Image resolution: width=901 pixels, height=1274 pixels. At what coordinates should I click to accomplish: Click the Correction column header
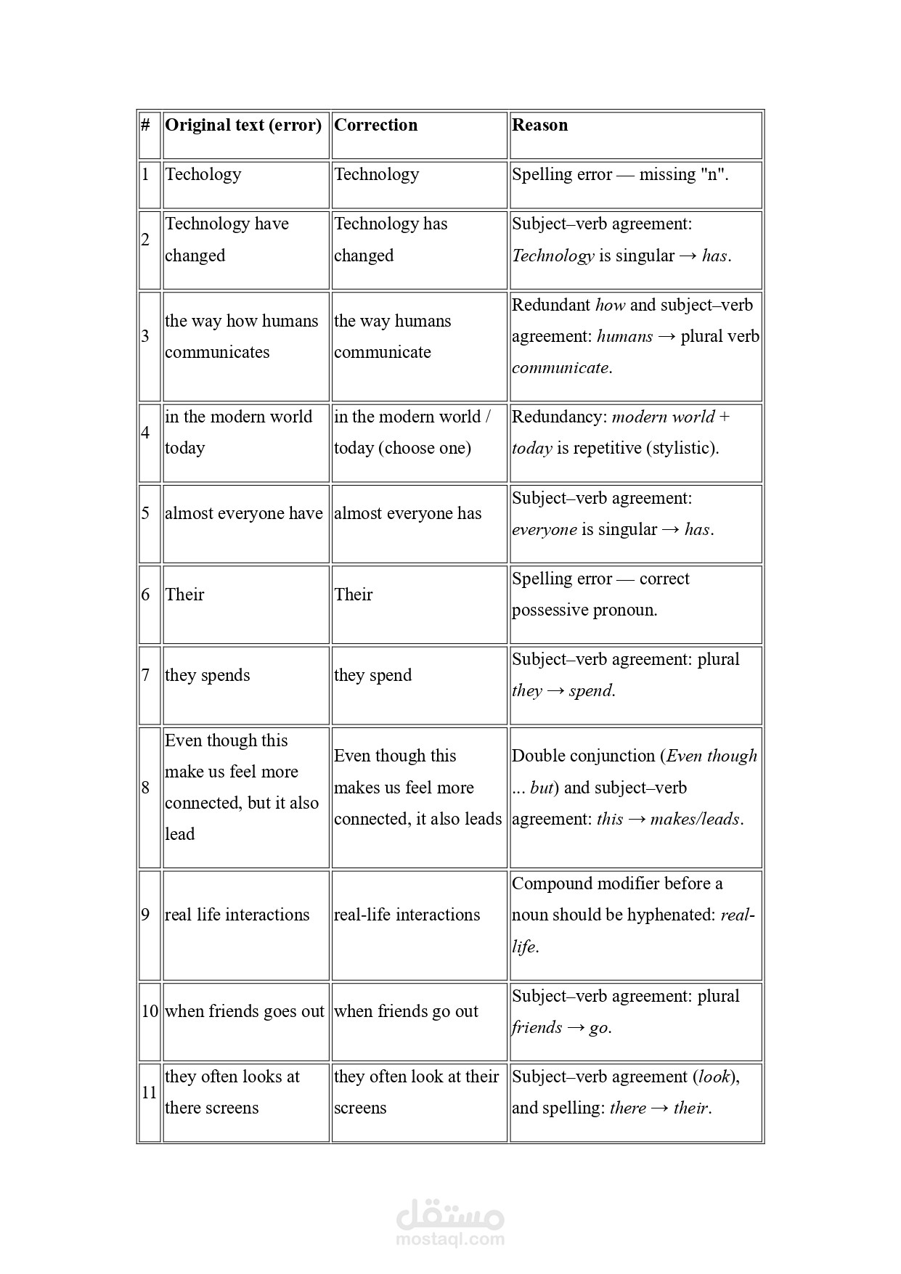click(375, 125)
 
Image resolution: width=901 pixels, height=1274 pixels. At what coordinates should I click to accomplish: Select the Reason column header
click(539, 125)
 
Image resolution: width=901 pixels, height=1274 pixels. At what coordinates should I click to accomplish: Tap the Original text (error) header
click(243, 125)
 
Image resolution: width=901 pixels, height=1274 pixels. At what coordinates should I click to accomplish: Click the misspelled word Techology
click(203, 174)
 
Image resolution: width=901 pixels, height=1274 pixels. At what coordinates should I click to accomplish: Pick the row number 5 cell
click(146, 513)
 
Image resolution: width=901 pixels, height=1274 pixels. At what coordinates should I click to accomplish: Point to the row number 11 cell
click(149, 1093)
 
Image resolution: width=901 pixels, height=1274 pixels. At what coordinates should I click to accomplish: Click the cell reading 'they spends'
click(208, 675)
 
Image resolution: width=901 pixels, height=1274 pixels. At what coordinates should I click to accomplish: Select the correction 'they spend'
click(372, 675)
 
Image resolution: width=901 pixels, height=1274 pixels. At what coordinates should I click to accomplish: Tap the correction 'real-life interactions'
click(407, 915)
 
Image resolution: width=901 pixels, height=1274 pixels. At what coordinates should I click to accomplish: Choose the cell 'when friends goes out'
click(244, 1011)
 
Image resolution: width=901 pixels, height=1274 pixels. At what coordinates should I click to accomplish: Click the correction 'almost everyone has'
click(407, 513)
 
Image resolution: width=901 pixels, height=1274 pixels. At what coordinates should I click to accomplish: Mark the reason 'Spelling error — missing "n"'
click(619, 174)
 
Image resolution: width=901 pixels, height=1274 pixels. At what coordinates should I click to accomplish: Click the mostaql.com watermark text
click(450, 1239)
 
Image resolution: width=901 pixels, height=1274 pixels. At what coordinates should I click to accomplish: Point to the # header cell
click(146, 125)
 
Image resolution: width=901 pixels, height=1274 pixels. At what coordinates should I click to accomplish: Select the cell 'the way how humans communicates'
click(241, 336)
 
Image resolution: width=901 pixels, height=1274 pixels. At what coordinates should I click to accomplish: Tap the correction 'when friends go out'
click(406, 1011)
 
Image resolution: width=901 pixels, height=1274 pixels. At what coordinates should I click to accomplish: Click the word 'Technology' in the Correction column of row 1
click(376, 174)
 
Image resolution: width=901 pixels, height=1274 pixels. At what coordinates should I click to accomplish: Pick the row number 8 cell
click(146, 788)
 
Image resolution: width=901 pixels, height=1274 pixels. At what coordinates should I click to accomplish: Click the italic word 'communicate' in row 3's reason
click(560, 367)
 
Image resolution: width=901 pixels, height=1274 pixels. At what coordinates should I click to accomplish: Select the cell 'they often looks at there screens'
click(232, 1092)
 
